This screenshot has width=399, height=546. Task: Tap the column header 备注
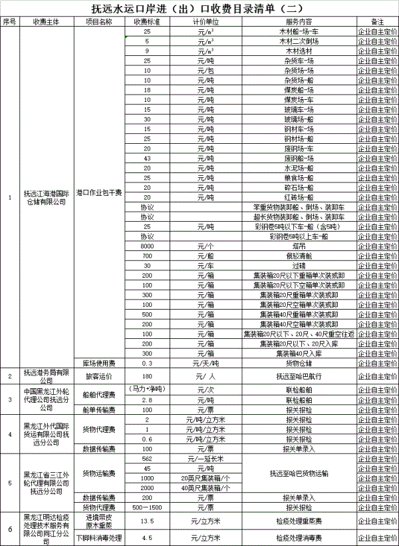pos(377,22)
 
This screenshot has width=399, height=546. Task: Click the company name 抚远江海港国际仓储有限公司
pos(46,197)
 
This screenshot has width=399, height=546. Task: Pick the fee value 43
pos(147,158)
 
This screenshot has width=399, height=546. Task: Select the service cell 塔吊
pos(307,246)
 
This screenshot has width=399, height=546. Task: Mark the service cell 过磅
pos(307,265)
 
